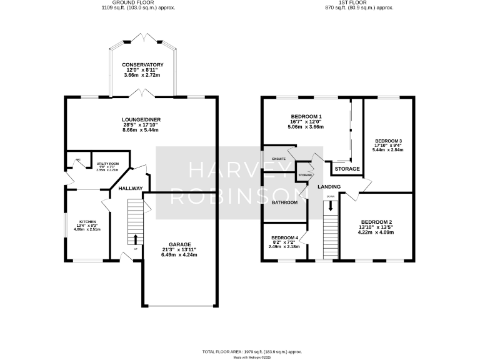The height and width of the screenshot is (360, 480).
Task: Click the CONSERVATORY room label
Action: point(142,65)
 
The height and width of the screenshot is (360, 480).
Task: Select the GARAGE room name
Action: point(179,244)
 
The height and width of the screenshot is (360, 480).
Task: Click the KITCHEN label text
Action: point(87,222)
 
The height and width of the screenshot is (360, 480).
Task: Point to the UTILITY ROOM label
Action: point(107,163)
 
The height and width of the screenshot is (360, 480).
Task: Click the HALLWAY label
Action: point(131,189)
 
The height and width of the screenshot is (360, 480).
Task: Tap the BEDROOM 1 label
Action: point(306,117)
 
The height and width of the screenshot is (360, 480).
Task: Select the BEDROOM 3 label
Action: point(388,141)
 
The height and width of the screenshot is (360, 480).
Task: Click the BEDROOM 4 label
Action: point(284,237)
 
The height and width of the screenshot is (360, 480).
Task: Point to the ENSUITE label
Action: point(279,159)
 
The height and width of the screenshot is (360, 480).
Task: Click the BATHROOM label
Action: point(284,202)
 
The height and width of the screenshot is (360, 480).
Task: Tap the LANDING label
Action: point(329,187)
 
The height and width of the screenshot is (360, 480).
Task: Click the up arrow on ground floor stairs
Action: point(136,239)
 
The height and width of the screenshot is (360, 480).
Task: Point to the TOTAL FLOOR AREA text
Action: point(239,352)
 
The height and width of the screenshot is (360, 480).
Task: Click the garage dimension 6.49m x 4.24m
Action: point(179,255)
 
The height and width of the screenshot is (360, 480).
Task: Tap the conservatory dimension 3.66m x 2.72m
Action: point(142,76)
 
